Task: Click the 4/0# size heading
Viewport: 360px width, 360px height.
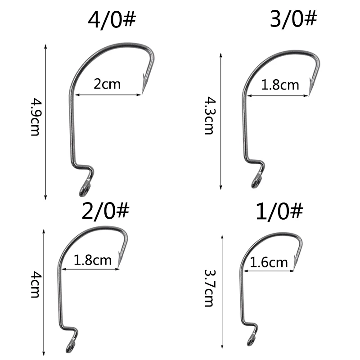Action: point(112,19)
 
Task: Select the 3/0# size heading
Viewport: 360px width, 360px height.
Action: point(293,19)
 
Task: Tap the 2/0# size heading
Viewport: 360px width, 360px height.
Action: point(105,211)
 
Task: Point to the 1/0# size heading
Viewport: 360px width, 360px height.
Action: point(279,211)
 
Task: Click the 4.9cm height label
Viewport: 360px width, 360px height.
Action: point(36,117)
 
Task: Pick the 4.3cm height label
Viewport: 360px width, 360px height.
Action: point(210,115)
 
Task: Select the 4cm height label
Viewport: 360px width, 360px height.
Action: point(36,284)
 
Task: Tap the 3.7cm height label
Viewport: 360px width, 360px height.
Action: point(210,288)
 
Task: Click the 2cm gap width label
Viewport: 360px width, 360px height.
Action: point(107,84)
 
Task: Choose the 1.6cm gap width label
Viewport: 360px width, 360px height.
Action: point(269,262)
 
